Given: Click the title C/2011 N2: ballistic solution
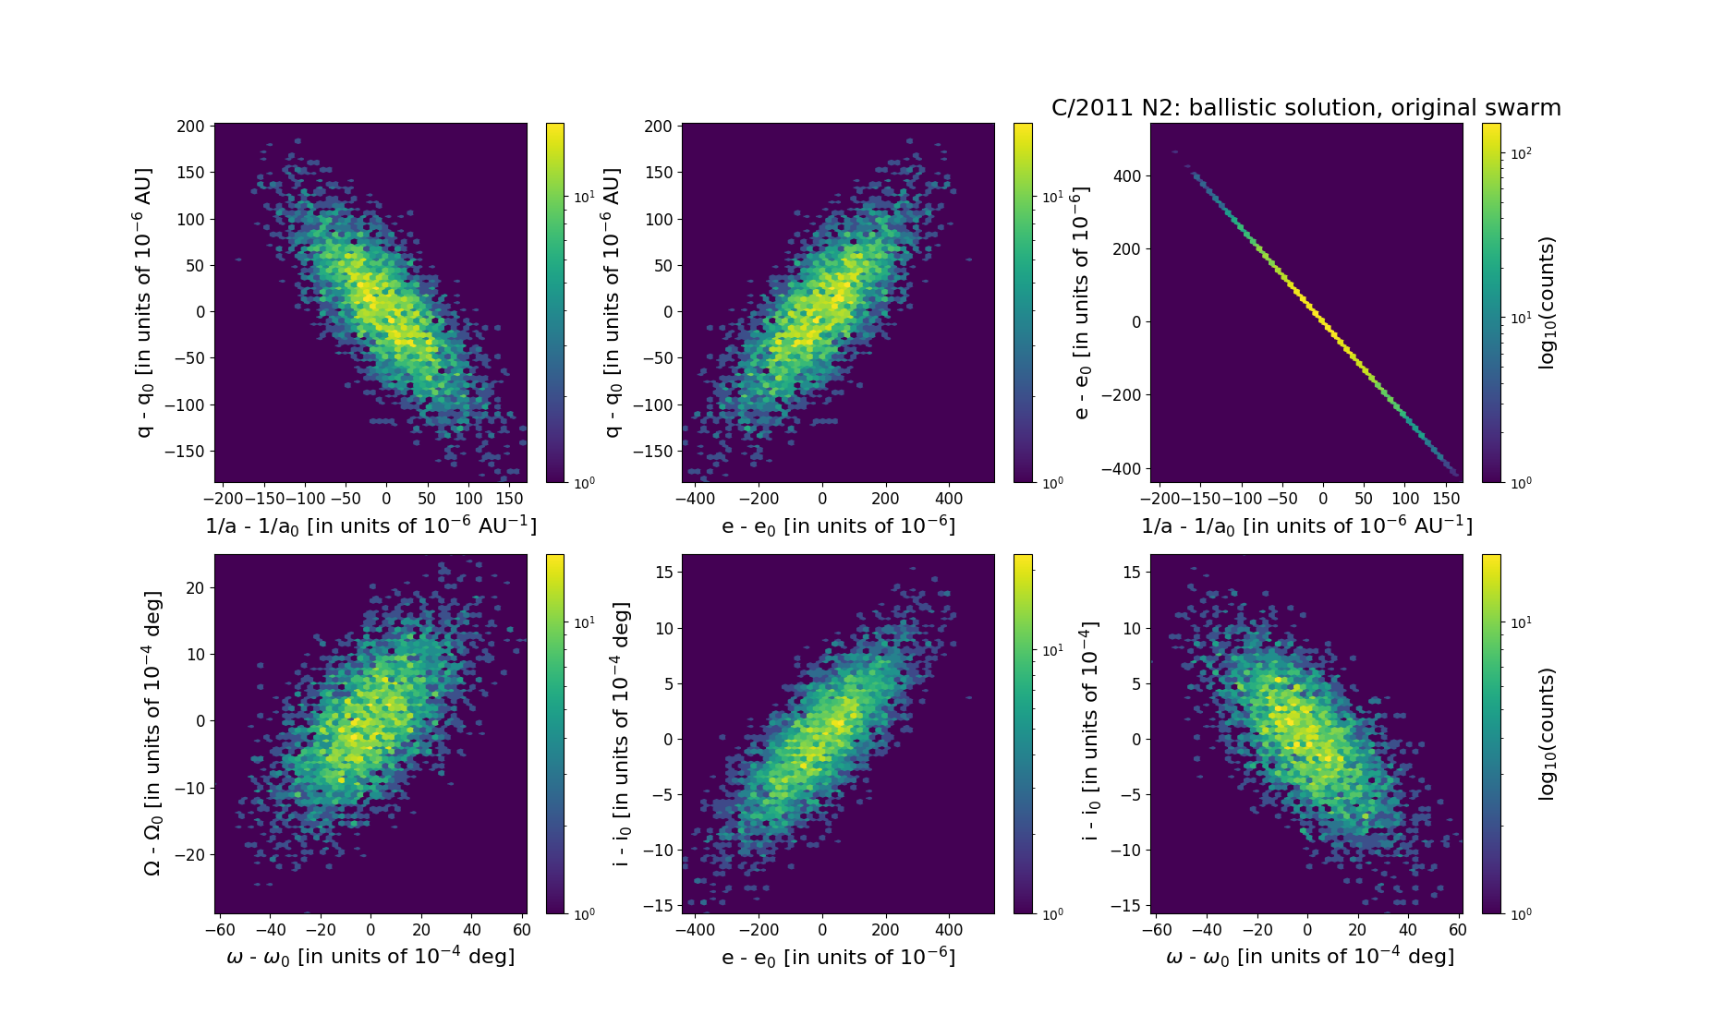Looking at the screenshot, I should pos(1305,108).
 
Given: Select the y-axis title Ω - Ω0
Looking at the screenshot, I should pos(153,733).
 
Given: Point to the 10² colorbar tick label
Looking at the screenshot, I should pos(1520,153).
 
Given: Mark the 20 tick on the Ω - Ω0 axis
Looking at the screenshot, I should pos(196,588).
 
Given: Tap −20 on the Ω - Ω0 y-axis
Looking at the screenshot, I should pos(191,855).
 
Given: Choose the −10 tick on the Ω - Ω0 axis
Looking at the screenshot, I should pos(191,789).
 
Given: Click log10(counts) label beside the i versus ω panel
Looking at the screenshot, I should pos(1548,733).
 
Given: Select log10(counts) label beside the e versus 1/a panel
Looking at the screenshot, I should pos(1548,303).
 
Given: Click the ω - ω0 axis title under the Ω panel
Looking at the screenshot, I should pos(370,957).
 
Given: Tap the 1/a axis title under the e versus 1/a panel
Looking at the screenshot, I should pos(1306,526).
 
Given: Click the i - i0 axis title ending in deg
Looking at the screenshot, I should pos(621,733).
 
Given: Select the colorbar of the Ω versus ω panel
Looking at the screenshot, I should pos(555,733).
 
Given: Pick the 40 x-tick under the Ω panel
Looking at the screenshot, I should pos(472,930).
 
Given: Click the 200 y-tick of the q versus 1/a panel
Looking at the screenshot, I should pos(190,127).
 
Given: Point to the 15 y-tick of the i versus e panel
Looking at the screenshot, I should pos(663,573).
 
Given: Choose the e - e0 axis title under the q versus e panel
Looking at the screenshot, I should pos(838,526).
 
